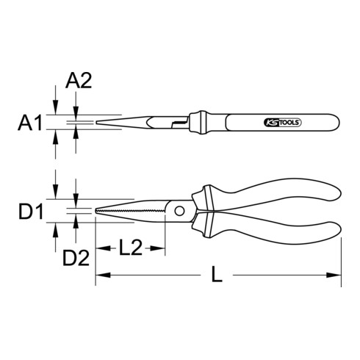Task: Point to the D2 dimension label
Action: click(x=76, y=258)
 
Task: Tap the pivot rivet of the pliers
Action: click(x=179, y=212)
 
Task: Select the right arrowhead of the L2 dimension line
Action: click(x=156, y=248)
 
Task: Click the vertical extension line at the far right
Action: click(x=342, y=250)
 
